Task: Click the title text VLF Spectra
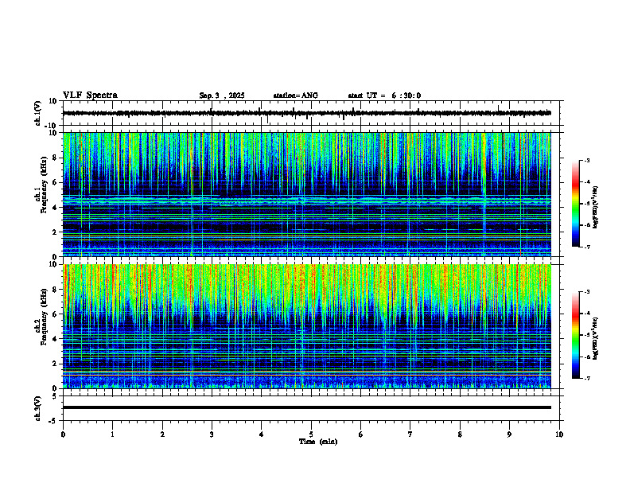click(90, 95)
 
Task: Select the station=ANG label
click(295, 95)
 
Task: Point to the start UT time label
click(384, 95)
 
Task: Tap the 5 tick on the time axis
click(311, 434)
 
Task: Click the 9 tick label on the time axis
click(510, 434)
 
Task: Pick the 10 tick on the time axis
click(559, 434)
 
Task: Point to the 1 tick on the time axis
click(113, 434)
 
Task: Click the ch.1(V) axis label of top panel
click(38, 113)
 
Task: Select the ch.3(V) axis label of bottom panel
click(38, 407)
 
